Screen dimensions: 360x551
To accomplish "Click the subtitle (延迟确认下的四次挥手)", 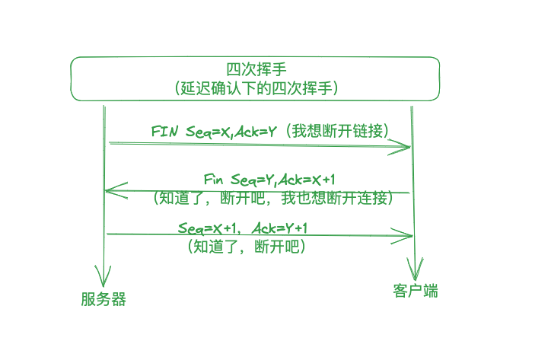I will point(256,88).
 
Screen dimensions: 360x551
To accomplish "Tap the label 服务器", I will point(104,299).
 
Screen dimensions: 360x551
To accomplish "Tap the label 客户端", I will point(416,291).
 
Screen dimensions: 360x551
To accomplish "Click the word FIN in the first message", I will point(165,130).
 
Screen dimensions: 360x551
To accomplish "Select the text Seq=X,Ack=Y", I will point(225,130).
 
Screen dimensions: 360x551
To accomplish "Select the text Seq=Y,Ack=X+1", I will point(282,180).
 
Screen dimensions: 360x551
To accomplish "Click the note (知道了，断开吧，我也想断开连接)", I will point(272,199).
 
